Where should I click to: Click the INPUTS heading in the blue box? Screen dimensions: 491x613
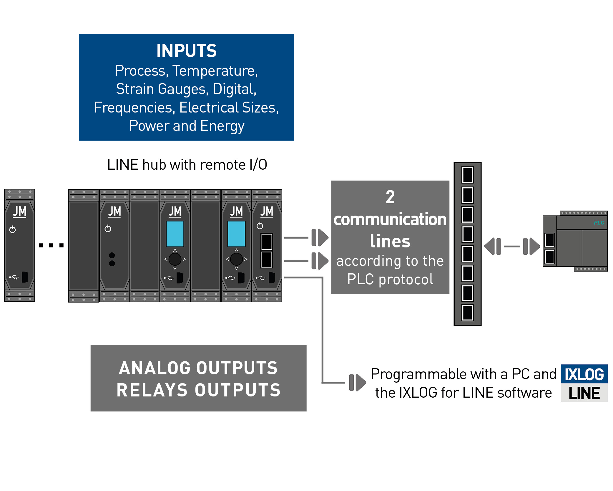tap(186, 51)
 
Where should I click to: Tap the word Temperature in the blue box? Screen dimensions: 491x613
tap(215, 71)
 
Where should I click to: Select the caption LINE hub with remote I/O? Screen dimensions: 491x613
tap(187, 164)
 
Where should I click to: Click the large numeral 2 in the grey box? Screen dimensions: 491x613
tap(390, 197)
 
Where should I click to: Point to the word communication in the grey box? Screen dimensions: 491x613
tap(390, 219)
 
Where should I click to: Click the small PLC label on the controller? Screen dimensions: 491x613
tap(599, 223)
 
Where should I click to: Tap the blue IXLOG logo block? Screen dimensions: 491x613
tap(584, 374)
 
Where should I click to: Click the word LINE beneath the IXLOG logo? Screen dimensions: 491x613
tap(584, 393)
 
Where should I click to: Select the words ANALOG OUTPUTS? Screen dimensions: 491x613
tap(198, 368)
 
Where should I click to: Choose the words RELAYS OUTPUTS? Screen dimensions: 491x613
tap(199, 390)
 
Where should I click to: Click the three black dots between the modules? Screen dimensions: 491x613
tap(51, 245)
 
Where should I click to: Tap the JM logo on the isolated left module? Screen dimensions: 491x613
tap(19, 211)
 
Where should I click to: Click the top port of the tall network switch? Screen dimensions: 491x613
tap(467, 175)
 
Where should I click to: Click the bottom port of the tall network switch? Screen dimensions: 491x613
tap(467, 313)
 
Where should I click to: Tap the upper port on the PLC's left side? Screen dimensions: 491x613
tap(549, 240)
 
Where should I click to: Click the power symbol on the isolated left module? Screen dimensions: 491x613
tap(12, 229)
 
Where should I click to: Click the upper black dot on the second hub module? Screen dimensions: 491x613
tap(112, 255)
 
